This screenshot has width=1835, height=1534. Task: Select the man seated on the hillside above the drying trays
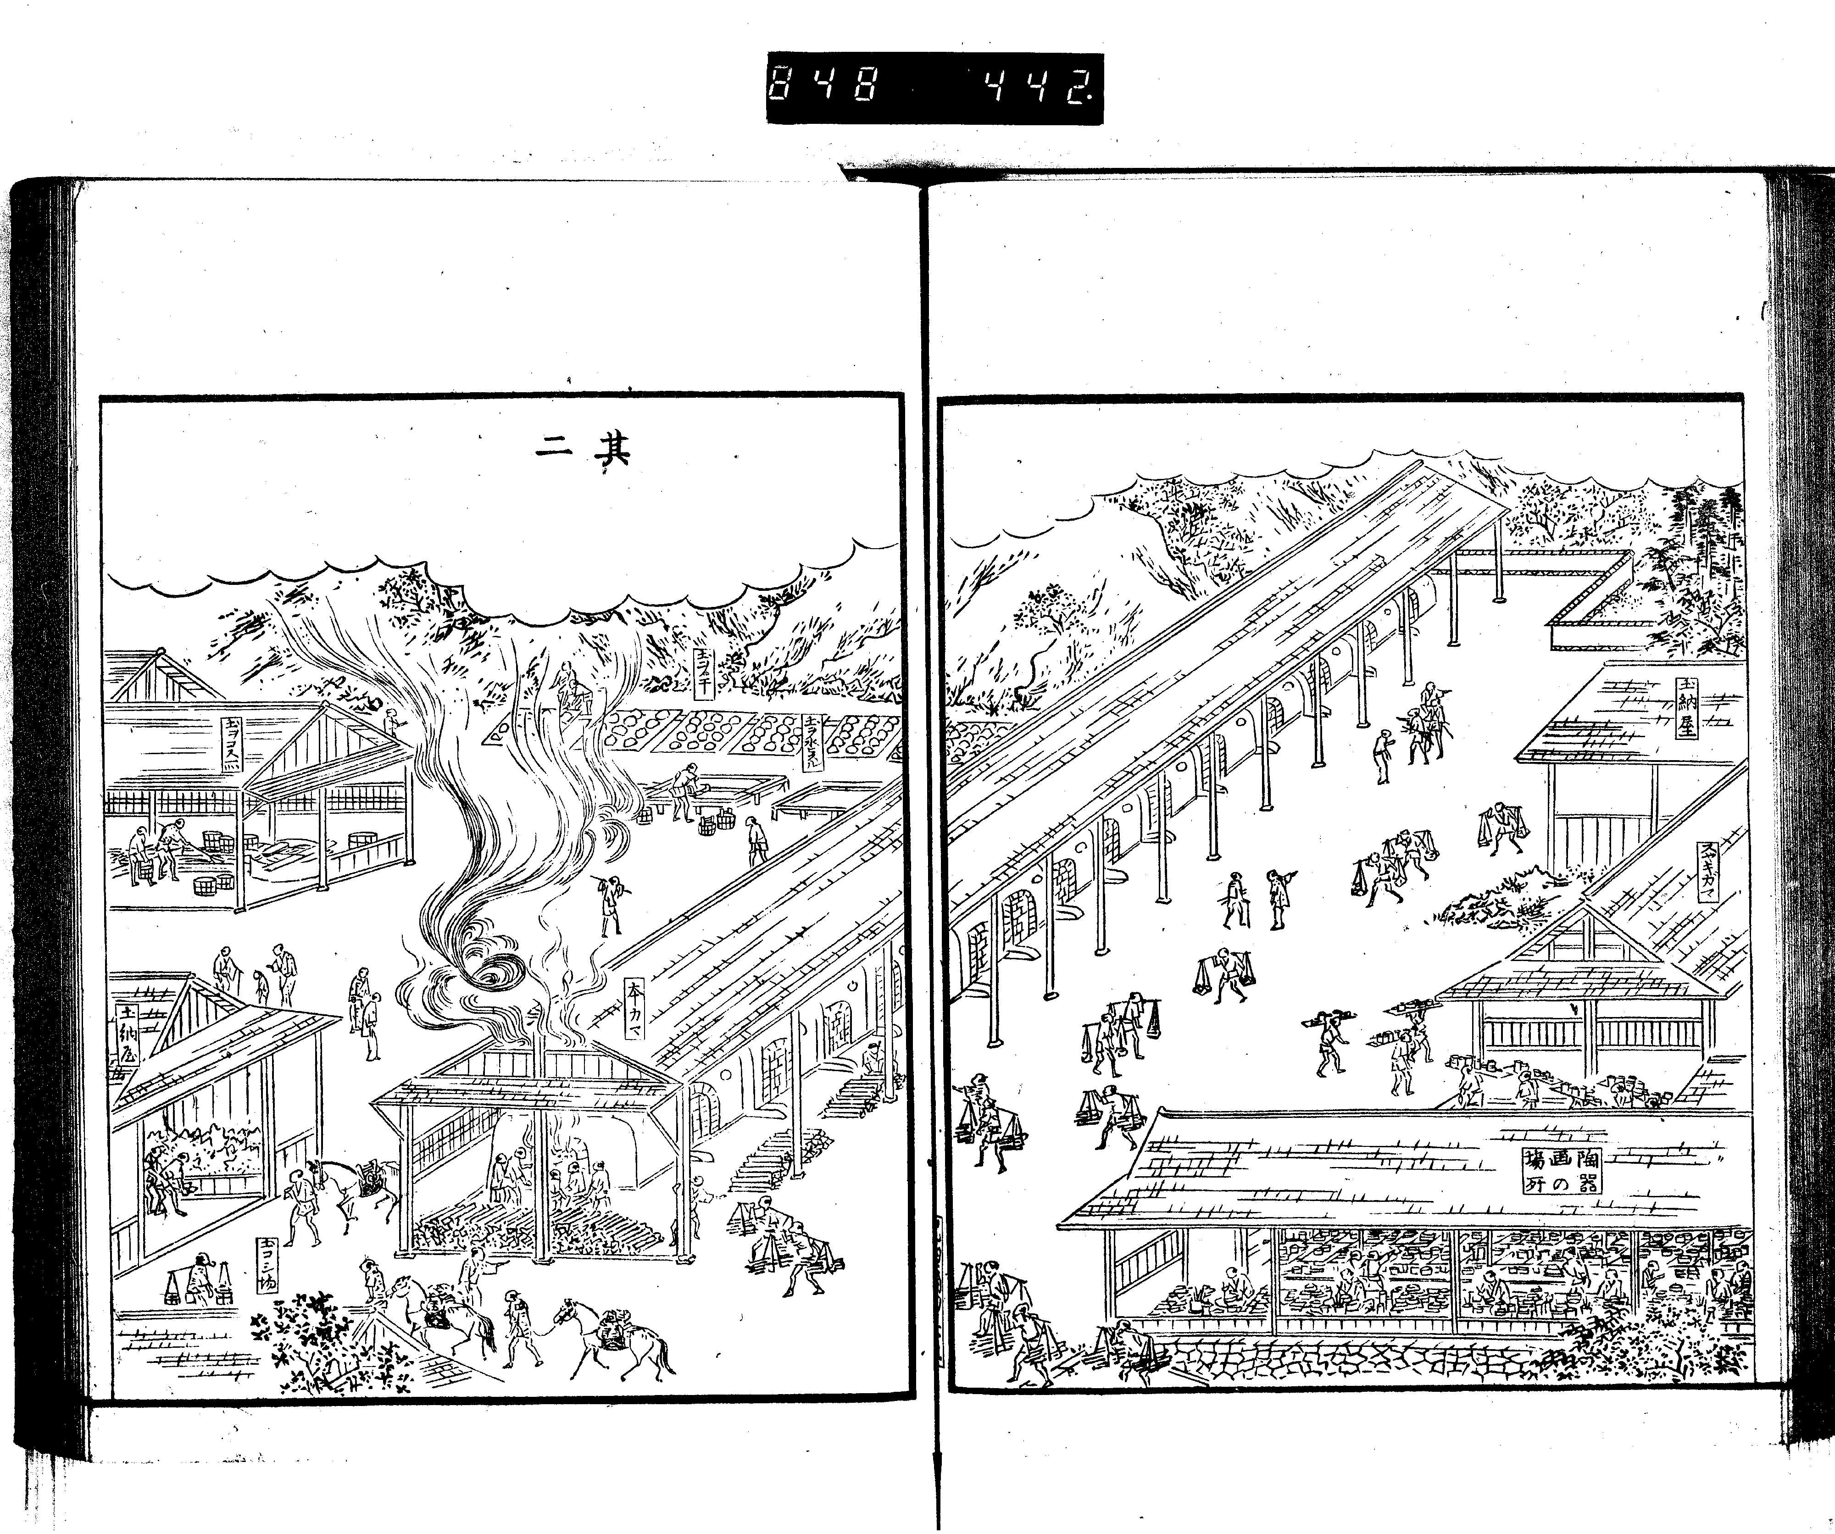pos(574,689)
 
